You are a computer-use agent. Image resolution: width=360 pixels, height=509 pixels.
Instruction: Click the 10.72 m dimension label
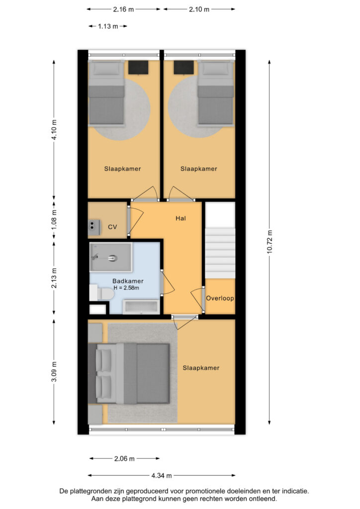point(270,242)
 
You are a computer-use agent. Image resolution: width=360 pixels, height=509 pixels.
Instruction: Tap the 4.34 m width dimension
point(161,476)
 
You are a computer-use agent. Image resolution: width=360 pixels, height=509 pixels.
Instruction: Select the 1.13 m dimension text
point(108,26)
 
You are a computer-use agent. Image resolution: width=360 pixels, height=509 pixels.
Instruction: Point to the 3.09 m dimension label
point(54,372)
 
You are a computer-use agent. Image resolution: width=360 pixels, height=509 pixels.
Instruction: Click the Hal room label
point(180,219)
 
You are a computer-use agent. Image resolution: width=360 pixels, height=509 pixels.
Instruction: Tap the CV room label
point(112,227)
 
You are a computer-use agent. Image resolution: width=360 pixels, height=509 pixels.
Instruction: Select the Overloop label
point(220,298)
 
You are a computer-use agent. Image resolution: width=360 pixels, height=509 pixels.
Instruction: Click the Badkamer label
point(128,281)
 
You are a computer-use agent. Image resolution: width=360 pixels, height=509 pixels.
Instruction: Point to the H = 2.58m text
point(126,288)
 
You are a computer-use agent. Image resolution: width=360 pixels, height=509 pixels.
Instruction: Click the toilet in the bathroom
point(101,293)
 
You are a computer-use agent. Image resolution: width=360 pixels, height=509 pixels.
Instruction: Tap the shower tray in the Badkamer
point(111,257)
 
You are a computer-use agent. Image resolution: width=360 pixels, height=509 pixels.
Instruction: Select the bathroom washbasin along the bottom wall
point(142,307)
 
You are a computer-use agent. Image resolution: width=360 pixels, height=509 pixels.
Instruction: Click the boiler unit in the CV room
point(94,227)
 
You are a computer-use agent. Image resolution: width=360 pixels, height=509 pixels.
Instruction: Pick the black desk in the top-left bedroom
point(138,68)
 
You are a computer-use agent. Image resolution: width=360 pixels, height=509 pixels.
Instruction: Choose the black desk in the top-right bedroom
point(184,68)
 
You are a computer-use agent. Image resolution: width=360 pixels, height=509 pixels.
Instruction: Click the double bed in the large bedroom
point(129,374)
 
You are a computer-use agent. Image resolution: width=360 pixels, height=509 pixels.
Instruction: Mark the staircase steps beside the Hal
point(220,253)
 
